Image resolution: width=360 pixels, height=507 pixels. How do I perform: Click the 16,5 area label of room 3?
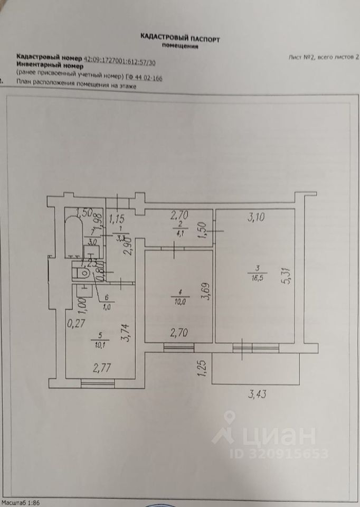pos(257,275)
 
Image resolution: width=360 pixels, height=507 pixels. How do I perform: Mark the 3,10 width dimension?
pos(258,215)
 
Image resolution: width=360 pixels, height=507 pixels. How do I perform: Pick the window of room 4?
pos(178,347)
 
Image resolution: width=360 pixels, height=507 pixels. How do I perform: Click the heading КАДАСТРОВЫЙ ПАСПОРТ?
pos(179,38)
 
